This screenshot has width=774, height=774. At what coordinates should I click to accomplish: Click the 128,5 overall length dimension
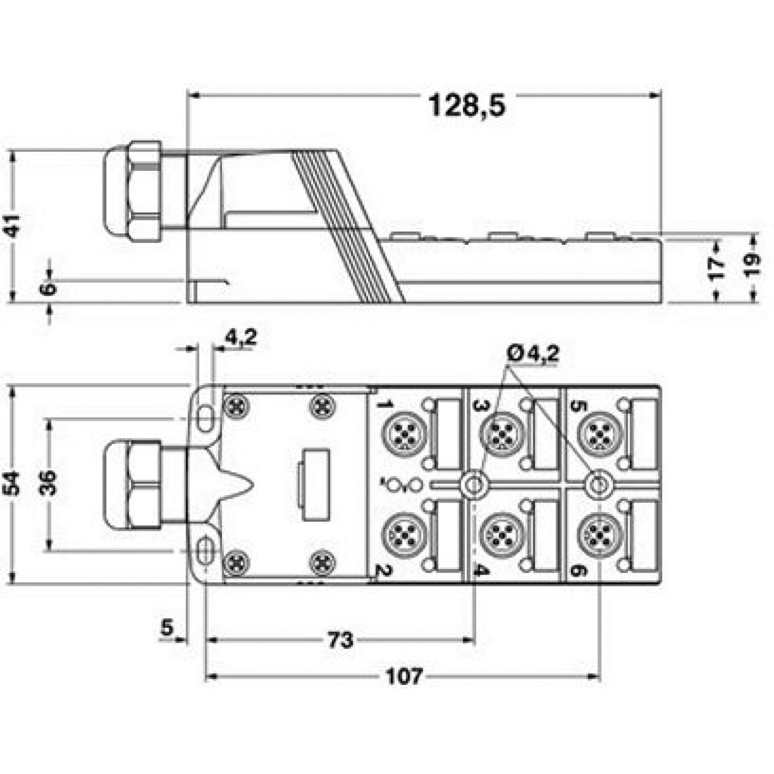click(x=467, y=106)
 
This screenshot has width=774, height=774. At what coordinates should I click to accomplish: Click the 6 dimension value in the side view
click(x=48, y=287)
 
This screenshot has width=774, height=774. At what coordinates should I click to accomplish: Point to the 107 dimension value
click(x=404, y=676)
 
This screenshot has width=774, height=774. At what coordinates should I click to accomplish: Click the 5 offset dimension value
click(x=166, y=628)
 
